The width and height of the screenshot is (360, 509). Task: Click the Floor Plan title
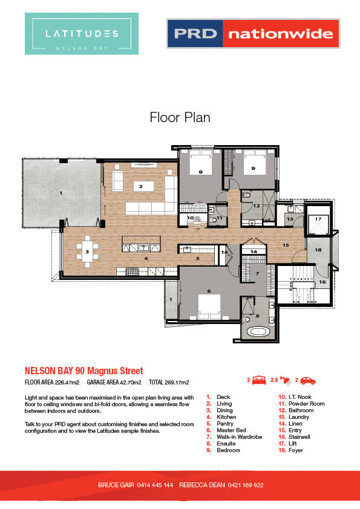tap(180, 117)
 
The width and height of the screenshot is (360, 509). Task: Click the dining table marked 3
tap(87, 251)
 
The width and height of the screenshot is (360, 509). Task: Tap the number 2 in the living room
tap(140, 187)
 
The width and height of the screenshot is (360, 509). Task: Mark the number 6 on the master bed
tap(209, 291)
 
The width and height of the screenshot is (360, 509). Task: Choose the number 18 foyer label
tap(318, 249)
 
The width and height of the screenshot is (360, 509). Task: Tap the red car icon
tap(308, 381)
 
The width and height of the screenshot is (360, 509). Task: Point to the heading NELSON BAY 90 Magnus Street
tap(83, 370)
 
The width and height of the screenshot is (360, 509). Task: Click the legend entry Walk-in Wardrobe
tap(239, 437)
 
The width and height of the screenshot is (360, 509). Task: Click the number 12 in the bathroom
tap(257, 206)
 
